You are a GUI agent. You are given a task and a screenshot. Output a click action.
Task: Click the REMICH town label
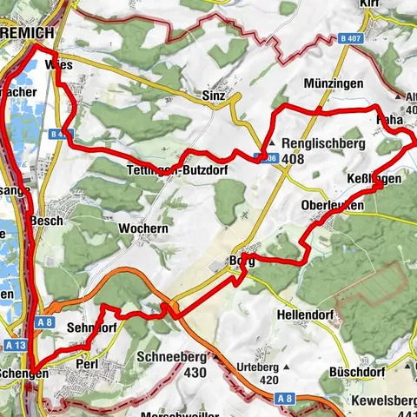click(26, 33)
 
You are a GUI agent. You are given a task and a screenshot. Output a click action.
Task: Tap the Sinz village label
click(214, 94)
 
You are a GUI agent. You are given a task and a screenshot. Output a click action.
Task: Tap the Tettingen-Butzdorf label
click(176, 170)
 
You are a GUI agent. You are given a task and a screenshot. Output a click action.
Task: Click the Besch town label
click(46, 222)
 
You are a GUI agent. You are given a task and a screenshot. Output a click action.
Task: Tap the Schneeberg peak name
click(171, 356)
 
